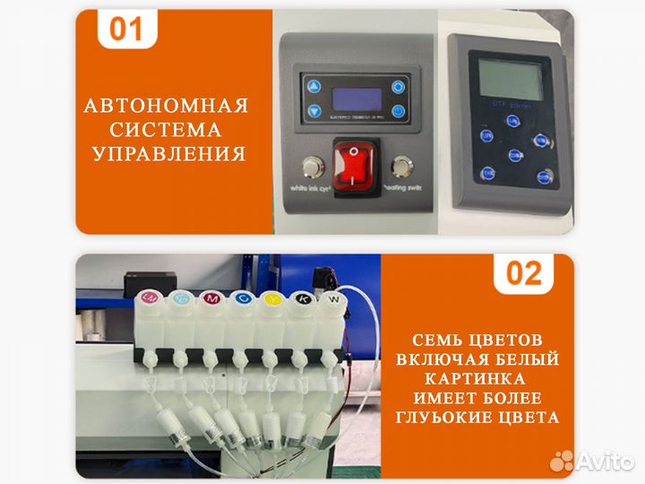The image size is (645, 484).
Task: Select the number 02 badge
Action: point(524,272)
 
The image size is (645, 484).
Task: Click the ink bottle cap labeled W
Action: point(333,298)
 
